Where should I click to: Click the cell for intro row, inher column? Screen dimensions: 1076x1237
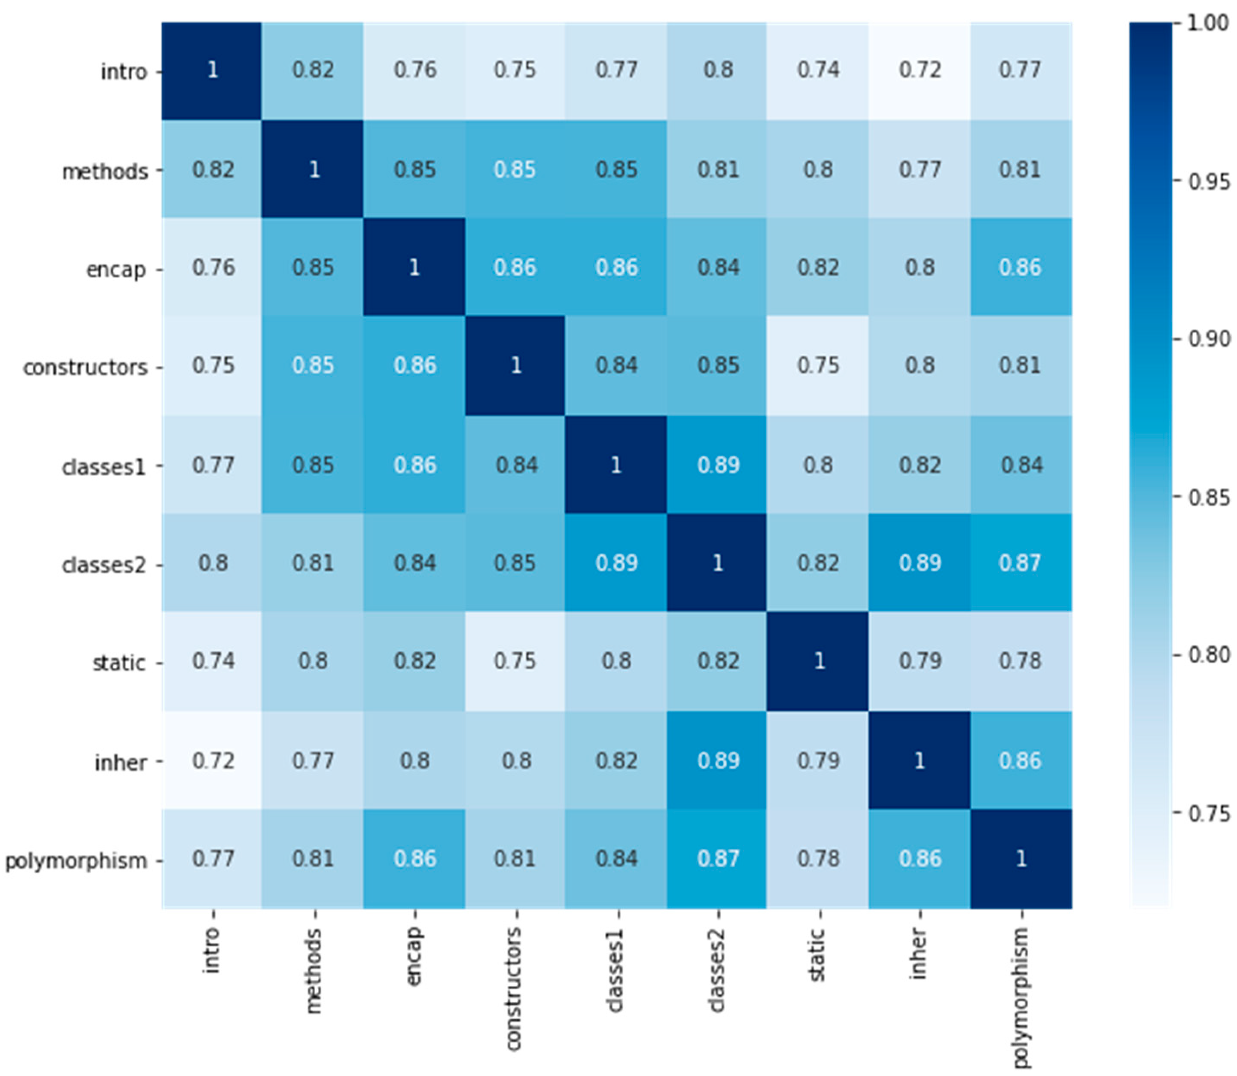pos(919,71)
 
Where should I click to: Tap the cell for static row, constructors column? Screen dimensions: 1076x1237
pos(515,661)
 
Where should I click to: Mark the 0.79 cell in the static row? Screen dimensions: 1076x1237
pos(919,661)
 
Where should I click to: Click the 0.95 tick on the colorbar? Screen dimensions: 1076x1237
pos(1208,181)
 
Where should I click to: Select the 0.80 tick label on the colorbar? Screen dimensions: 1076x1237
pos(1208,654)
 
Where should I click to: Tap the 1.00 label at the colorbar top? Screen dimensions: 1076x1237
pos(1208,23)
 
